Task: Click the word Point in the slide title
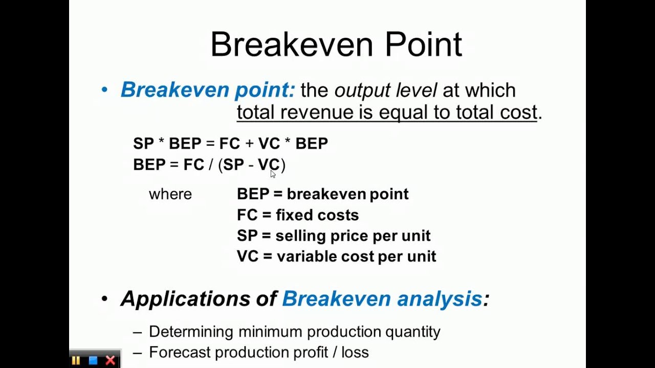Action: coord(423,44)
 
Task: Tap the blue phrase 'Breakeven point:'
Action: coord(208,90)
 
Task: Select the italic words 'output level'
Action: coord(385,90)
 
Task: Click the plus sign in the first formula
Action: coord(249,144)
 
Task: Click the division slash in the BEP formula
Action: coord(211,165)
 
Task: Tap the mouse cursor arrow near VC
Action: coord(273,174)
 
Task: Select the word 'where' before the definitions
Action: coord(170,194)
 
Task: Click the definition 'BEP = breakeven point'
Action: coord(322,194)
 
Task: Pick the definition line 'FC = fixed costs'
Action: coord(297,215)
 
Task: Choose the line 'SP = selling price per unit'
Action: coord(333,236)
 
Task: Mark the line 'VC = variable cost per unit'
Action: coord(336,256)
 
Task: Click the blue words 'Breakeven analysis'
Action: coord(382,298)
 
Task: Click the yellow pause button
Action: coord(76,360)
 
